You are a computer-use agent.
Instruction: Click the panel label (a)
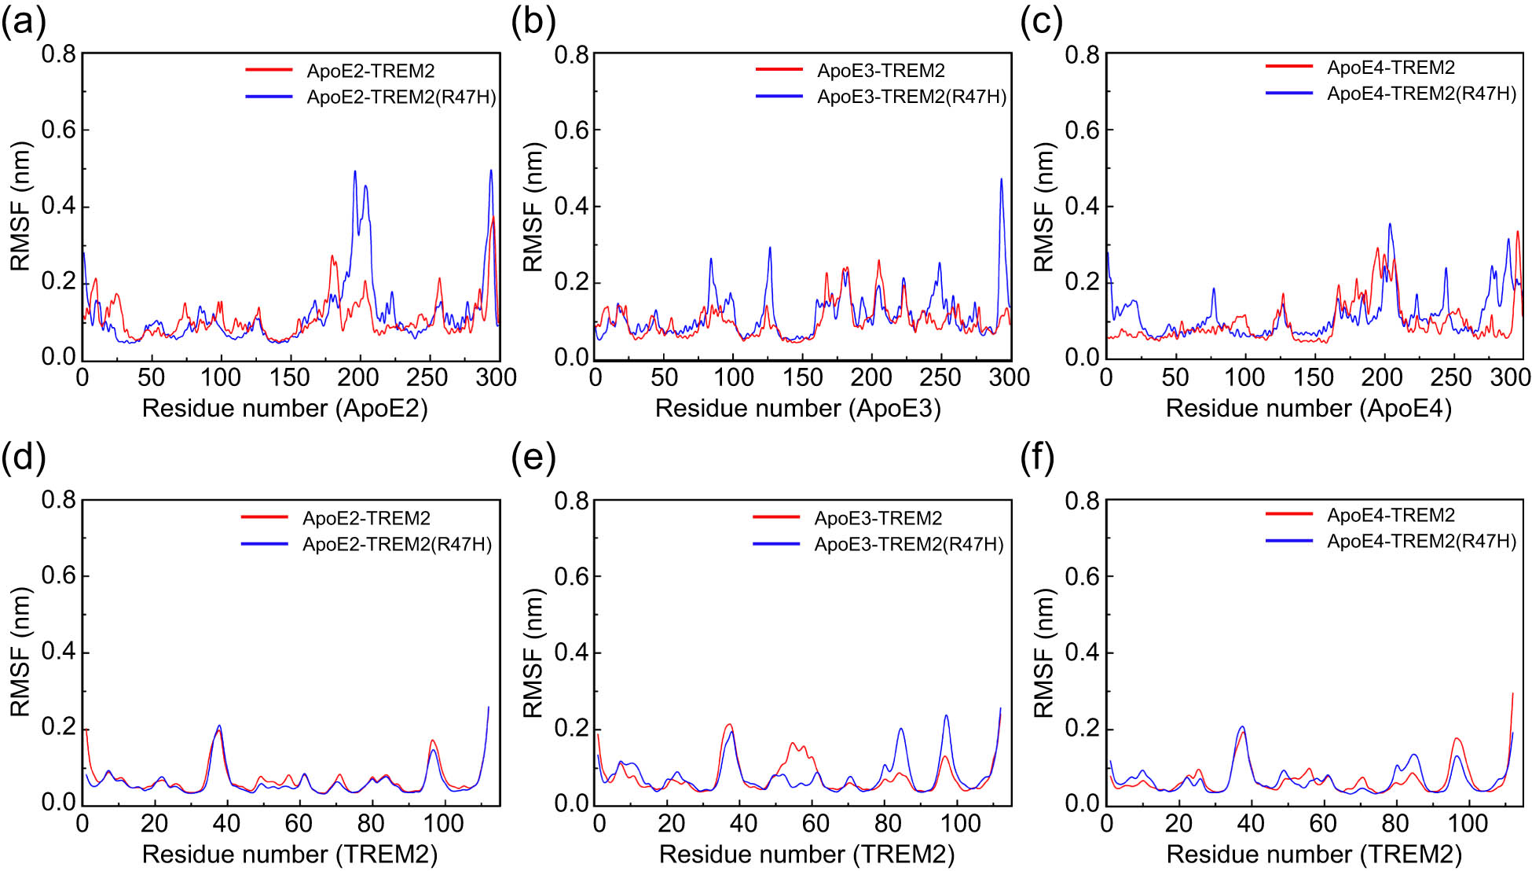[24, 23]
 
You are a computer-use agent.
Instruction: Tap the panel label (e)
[533, 457]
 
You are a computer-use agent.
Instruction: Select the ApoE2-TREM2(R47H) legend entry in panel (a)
[401, 97]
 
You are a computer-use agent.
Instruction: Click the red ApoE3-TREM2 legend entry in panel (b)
[880, 71]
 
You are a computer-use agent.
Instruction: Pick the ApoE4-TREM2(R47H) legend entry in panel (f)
[1420, 542]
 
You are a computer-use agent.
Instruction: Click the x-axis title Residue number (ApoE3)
[797, 409]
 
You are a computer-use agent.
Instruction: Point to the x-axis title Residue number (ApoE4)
[1308, 409]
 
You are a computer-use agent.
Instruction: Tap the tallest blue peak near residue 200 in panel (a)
[355, 172]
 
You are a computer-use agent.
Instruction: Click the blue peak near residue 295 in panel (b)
[1001, 180]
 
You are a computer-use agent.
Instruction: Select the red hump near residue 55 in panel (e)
[793, 744]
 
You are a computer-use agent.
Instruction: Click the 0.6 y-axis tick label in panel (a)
[58, 130]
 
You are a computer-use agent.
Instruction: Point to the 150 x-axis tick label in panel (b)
[802, 378]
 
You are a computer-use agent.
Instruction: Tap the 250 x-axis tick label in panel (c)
[1450, 378]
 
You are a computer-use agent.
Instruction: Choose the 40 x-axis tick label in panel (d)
[226, 824]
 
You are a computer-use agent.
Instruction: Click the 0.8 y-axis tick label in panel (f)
[1082, 501]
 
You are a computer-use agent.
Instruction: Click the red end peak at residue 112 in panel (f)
[1512, 694]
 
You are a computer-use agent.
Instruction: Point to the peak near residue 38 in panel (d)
[219, 726]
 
